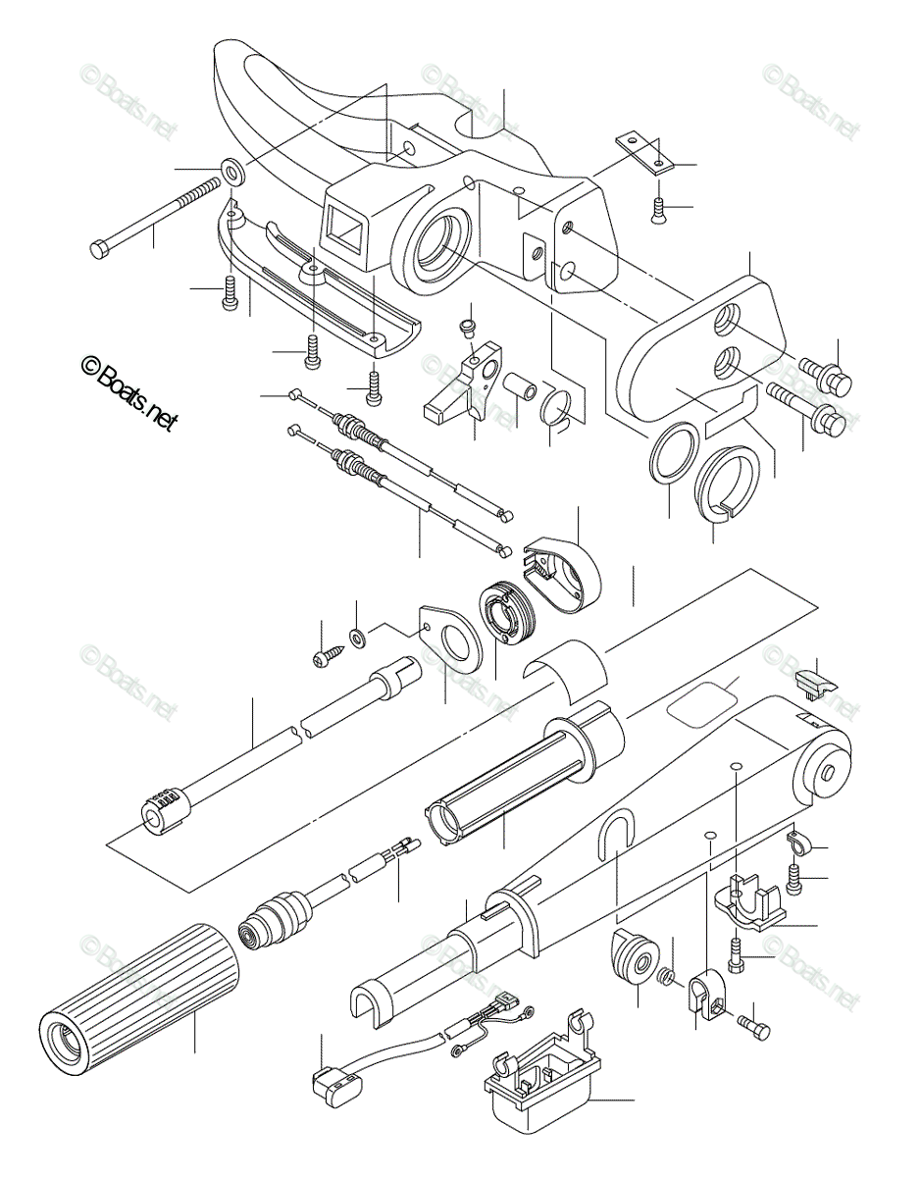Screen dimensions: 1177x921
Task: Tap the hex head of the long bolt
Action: click(99, 248)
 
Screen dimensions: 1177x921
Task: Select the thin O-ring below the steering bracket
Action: click(673, 454)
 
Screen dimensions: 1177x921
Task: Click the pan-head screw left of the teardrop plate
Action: click(324, 660)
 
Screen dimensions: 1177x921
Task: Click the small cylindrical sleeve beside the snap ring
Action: click(519, 386)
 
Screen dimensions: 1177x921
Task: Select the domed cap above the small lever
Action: click(469, 323)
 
